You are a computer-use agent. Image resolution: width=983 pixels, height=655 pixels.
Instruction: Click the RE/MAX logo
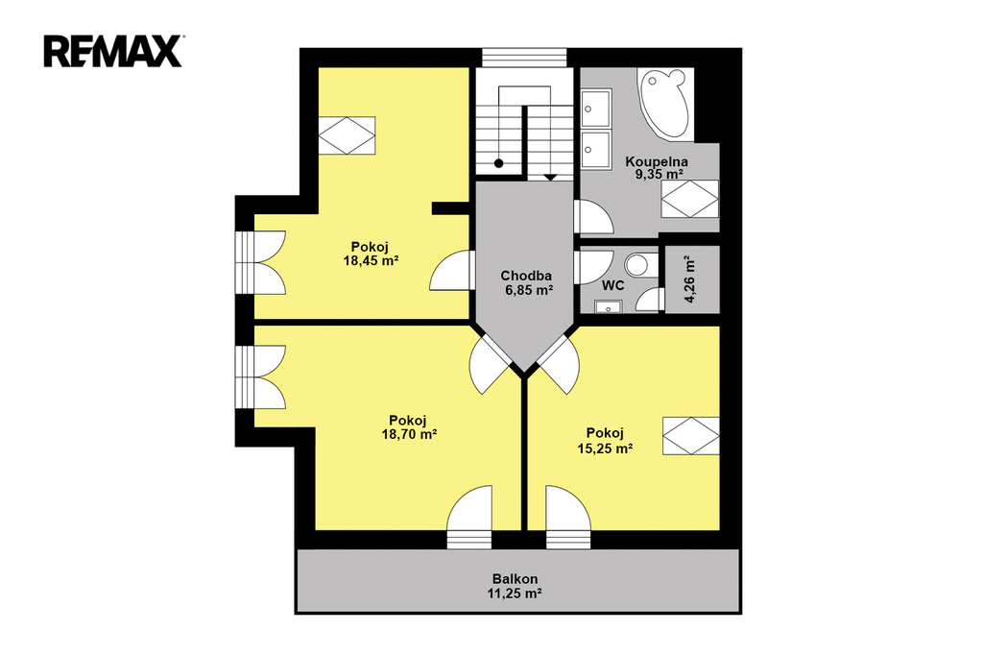(113, 51)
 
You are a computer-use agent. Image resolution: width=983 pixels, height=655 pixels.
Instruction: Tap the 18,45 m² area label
(372, 260)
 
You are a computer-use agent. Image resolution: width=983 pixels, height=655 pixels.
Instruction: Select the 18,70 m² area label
(409, 433)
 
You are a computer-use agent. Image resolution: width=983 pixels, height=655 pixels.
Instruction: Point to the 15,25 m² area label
(605, 448)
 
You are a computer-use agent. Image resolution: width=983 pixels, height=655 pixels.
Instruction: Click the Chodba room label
(526, 276)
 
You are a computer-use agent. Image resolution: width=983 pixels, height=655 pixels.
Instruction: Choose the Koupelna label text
(657, 161)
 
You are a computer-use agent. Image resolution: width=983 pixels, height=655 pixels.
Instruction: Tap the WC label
(612, 285)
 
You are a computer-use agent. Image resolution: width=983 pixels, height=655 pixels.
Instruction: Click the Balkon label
(515, 579)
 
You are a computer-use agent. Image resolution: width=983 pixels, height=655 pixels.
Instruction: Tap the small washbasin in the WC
(607, 306)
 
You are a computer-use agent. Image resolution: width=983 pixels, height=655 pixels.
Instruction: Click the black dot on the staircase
(499, 163)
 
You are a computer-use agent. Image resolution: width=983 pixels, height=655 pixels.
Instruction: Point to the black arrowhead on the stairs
(549, 178)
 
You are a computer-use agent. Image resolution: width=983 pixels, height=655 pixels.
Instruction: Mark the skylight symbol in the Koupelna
(689, 199)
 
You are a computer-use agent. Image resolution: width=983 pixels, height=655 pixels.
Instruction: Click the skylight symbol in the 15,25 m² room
(691, 435)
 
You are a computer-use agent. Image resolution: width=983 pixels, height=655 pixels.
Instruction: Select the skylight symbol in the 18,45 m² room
(347, 134)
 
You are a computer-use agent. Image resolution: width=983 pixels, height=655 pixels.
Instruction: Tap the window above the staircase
(524, 57)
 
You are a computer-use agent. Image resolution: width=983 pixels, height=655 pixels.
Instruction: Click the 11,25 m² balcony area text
(515, 593)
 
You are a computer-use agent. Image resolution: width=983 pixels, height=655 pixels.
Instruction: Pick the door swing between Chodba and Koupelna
(593, 217)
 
